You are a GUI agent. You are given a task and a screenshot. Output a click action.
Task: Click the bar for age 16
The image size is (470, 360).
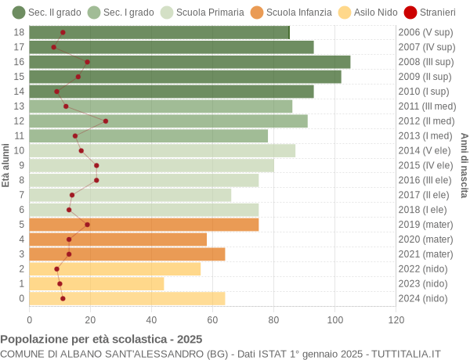(190, 62)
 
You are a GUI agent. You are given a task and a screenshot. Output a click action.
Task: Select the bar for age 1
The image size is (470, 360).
(96, 283)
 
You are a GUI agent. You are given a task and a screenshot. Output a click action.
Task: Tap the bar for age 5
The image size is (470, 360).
(144, 225)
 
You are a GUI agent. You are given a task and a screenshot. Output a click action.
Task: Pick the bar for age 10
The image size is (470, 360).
(162, 150)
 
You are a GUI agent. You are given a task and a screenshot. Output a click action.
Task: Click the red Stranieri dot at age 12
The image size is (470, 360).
(106, 121)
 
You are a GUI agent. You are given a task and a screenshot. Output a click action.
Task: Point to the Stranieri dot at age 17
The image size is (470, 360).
(54, 47)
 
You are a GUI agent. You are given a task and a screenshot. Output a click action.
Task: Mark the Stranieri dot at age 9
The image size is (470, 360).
(96, 165)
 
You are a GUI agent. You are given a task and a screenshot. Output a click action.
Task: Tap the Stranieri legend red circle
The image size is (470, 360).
(410, 12)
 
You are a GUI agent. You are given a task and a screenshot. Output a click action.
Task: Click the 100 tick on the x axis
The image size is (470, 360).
(334, 319)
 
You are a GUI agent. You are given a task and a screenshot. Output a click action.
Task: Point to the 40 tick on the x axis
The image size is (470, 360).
(151, 319)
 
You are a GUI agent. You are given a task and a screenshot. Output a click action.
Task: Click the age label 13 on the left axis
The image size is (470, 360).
(20, 106)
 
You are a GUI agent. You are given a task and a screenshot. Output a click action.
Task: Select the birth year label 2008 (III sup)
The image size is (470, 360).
(425, 62)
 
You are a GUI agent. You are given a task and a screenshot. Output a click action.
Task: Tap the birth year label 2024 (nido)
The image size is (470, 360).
(423, 298)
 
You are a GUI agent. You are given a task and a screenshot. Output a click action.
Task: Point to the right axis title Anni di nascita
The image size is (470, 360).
(464, 164)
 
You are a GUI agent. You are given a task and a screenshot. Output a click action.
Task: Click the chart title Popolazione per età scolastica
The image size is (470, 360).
(101, 339)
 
